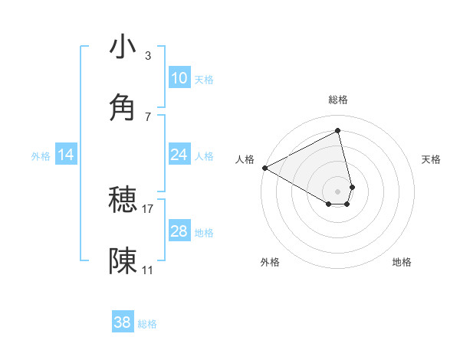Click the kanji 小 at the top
coord(123,47)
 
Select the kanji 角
coord(123,107)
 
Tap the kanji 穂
coord(123,200)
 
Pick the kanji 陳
coord(123,261)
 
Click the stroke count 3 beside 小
coord(148,56)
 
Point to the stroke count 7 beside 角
coord(148,116)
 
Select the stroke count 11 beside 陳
coord(148,270)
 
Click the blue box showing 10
coord(179,78)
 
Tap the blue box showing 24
coord(179,155)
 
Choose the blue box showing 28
coord(179,231)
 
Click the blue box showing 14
coord(66,155)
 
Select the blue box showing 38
coord(123,322)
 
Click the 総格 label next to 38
coord(147,324)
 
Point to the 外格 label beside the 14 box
coord(41,155)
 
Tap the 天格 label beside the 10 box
coord(204,79)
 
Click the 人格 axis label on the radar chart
coord(245,159)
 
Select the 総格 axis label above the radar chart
coord(338,100)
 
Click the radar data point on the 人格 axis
coord(264,168)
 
